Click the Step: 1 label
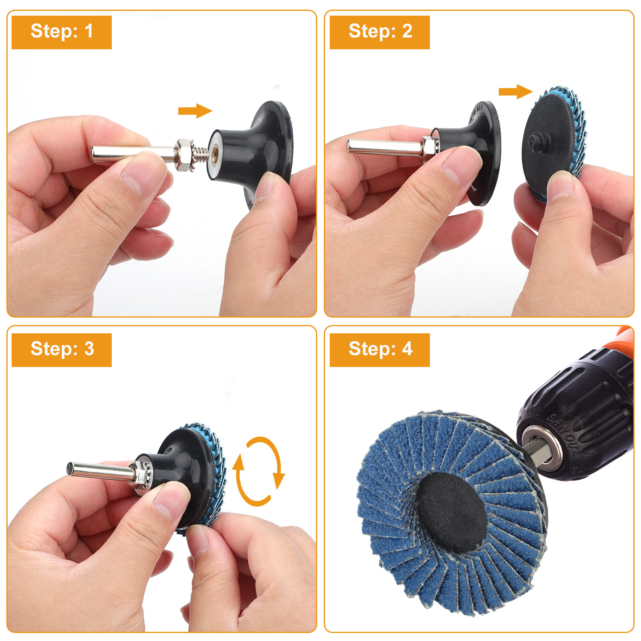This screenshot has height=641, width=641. tap(61, 32)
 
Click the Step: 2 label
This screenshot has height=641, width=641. tap(379, 32)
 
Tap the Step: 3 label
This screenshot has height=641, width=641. tap(61, 349)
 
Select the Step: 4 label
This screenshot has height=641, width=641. tap(379, 349)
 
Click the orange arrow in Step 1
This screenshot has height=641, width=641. tap(195, 111)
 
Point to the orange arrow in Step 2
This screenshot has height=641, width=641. tap(515, 92)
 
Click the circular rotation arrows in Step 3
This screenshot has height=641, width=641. tap(258, 471)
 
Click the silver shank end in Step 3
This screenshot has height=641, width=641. tap(72, 468)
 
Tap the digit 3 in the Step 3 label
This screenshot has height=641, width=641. tap(89, 349)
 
